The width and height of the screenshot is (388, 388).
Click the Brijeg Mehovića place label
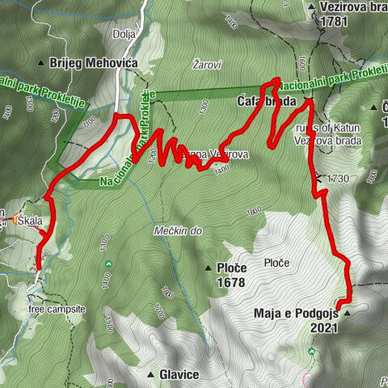(x=94, y=62)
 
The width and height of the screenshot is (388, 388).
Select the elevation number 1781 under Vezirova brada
(x=333, y=23)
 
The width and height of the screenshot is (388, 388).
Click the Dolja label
(x=124, y=35)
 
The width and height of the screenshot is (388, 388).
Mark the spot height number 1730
(x=337, y=178)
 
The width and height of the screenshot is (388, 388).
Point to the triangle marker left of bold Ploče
(x=208, y=267)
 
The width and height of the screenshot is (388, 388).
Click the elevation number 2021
(x=324, y=328)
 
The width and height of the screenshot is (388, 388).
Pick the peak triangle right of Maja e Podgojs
(x=348, y=313)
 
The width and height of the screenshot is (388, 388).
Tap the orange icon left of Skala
(x=15, y=219)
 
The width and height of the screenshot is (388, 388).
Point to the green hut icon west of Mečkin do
(x=107, y=263)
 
